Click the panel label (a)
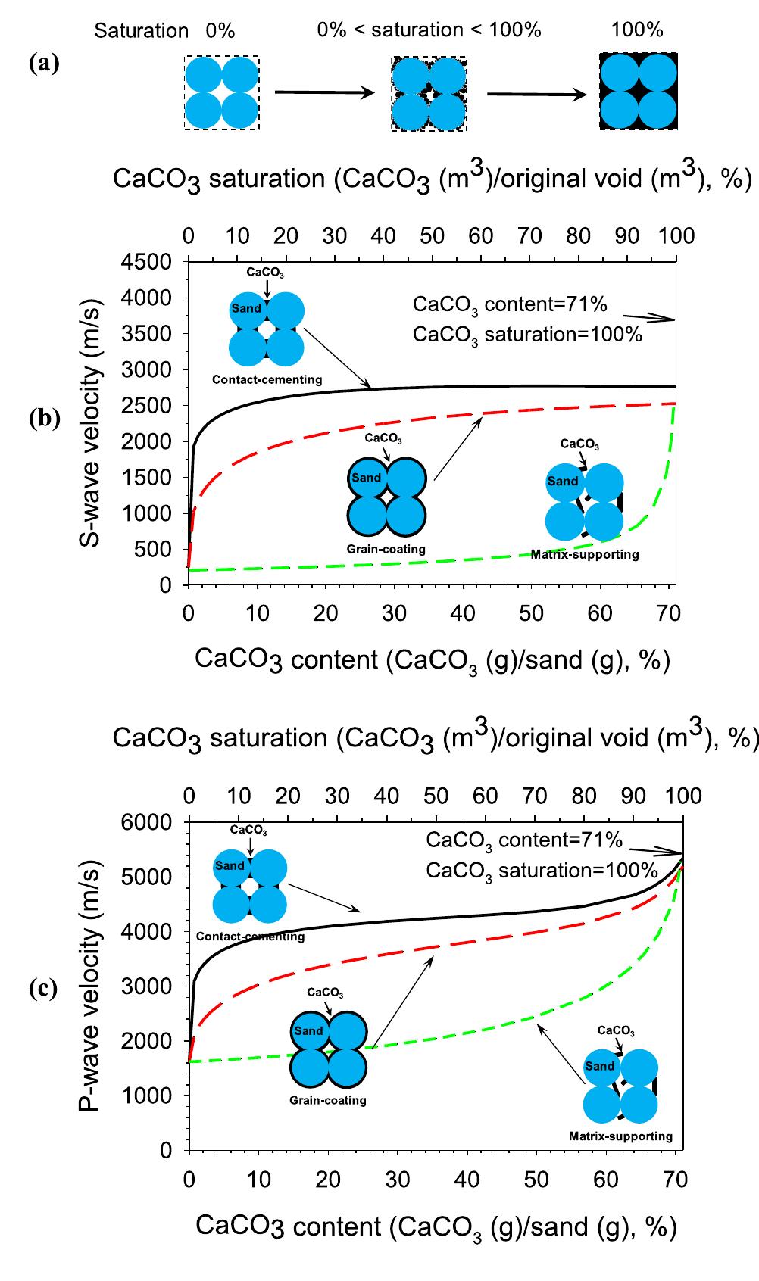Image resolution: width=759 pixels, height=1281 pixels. tap(43, 64)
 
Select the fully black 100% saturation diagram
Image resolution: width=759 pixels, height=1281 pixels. tap(638, 92)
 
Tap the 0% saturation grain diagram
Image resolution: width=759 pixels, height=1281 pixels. tap(221, 92)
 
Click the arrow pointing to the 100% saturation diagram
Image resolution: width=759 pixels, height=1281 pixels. tap(536, 94)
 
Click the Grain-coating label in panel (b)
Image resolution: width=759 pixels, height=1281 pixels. tap(386, 549)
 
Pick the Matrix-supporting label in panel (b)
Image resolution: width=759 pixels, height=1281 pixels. tap(584, 554)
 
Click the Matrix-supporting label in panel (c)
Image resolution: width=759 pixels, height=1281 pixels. tap(620, 1136)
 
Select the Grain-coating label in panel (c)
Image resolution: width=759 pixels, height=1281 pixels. tap(327, 1100)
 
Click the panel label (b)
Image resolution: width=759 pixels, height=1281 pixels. tap(43, 419)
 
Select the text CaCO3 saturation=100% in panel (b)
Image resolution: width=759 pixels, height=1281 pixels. tap(527, 334)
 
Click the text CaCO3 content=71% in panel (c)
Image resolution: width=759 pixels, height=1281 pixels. tap(524, 840)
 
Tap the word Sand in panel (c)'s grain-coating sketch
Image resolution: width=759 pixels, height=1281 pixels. tap(308, 1030)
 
